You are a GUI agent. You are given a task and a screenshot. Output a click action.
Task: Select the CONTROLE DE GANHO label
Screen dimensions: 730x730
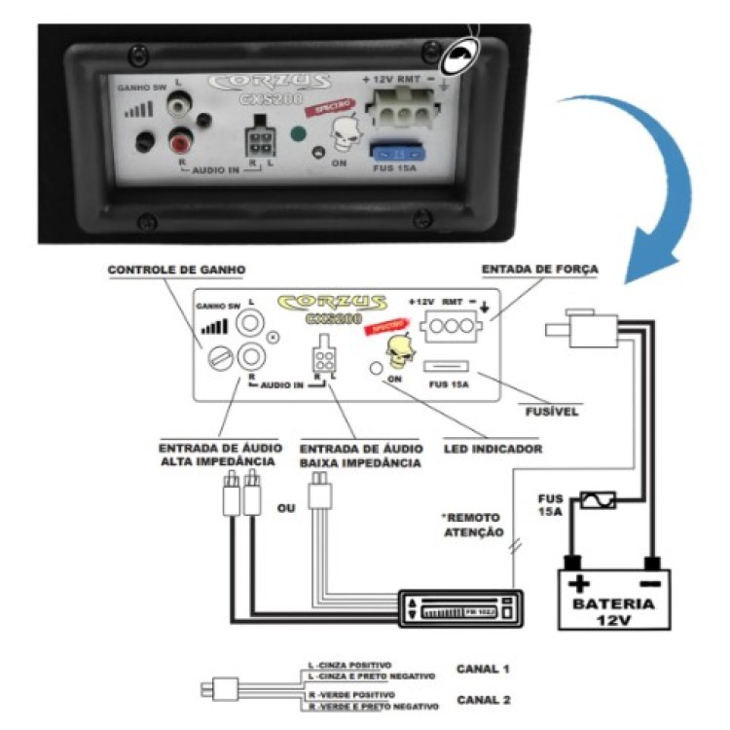(163, 270)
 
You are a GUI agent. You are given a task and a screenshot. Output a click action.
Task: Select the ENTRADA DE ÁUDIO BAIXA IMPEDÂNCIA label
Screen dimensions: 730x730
(361, 456)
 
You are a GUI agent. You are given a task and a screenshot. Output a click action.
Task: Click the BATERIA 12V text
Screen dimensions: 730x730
(613, 611)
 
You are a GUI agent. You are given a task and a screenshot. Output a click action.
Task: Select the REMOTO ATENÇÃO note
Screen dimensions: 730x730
(476, 525)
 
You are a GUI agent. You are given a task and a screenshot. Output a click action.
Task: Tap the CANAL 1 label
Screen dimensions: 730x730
(483, 669)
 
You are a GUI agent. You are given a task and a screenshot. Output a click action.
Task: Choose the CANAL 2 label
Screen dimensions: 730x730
(483, 699)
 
